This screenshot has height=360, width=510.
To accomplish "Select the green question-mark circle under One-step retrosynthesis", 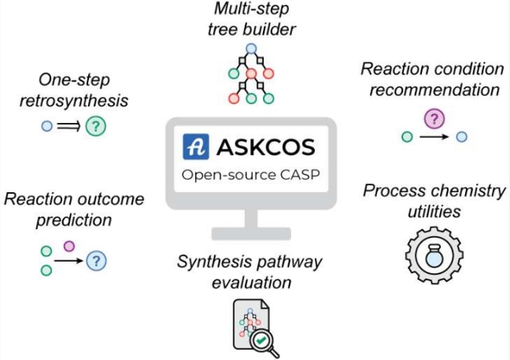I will [x=95, y=126].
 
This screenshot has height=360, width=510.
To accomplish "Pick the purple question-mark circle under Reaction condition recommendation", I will [x=433, y=117].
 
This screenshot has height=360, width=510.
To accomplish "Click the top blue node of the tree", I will [x=251, y=48].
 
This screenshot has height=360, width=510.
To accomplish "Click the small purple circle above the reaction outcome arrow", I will [x=69, y=247].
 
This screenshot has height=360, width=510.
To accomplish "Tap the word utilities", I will [x=432, y=212].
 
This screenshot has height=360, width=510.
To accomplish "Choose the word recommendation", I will [x=431, y=90].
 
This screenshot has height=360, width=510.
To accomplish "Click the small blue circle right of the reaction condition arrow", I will [x=462, y=136].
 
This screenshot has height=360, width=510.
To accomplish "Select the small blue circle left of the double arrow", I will [x=46, y=126].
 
